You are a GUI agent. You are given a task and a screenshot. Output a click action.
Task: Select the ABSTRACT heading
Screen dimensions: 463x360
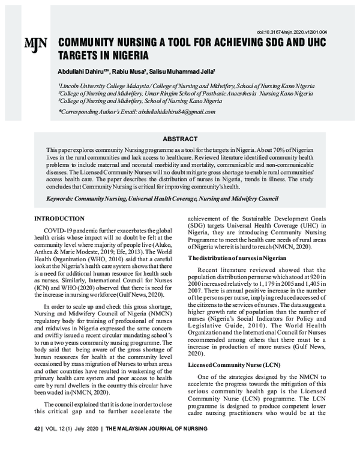179,138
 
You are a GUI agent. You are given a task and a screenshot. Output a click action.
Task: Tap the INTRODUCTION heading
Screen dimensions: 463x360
59,219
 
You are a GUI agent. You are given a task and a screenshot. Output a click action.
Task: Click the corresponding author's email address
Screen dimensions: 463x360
176,112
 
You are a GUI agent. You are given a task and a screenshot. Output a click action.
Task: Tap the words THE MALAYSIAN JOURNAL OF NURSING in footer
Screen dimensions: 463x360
157,429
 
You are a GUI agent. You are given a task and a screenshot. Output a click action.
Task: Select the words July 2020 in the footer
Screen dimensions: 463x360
86,429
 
